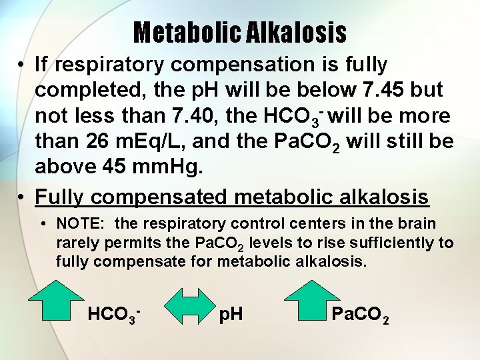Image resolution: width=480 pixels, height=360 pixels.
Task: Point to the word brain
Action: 417,223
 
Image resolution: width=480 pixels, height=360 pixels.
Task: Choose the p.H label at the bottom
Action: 231,313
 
